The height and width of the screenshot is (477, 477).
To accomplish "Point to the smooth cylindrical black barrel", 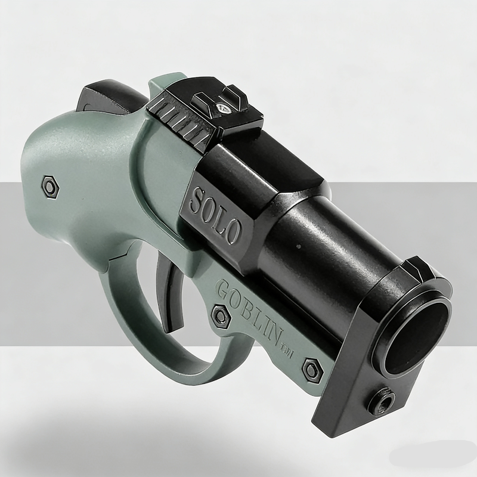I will (322, 250).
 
